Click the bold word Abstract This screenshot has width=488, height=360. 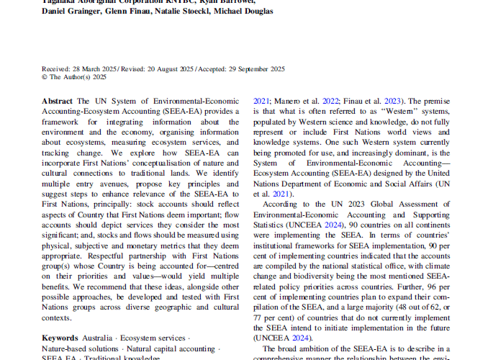click(58, 102)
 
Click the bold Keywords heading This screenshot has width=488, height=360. click(60, 338)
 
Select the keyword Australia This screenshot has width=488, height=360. click(96, 338)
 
